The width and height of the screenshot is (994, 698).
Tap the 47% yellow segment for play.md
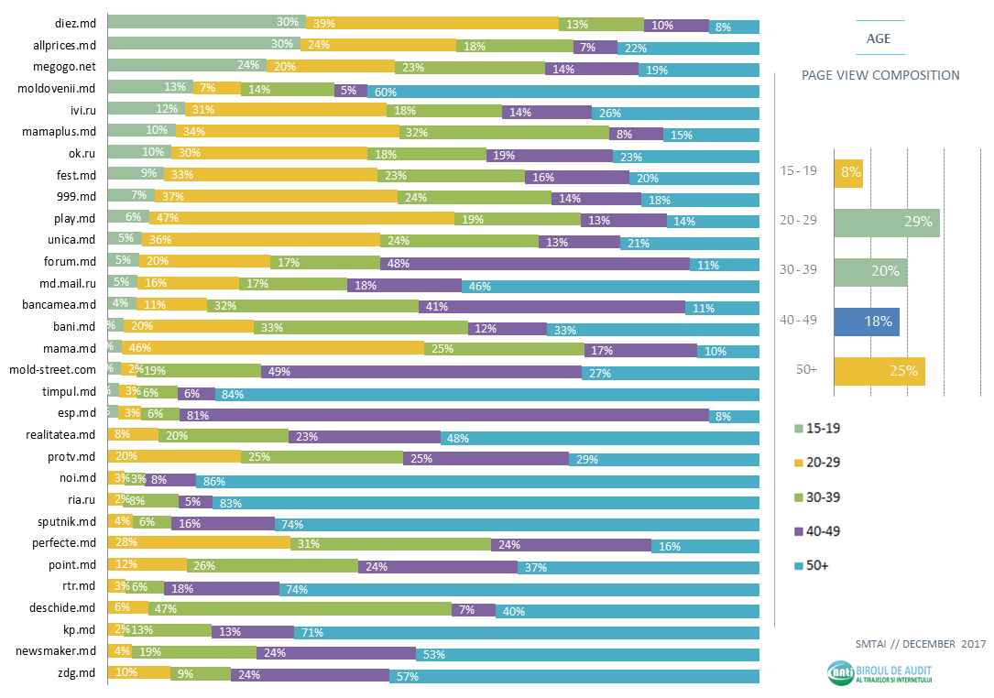click(x=282, y=217)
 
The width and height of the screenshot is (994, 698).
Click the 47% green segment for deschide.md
click(x=300, y=608)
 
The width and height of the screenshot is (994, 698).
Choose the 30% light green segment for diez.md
click(x=206, y=22)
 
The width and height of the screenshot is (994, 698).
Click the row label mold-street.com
click(x=52, y=369)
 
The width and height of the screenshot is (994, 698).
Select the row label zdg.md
click(x=76, y=675)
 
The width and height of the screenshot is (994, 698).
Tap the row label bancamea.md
click(x=62, y=303)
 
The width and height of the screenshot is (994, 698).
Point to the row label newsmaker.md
click(x=58, y=653)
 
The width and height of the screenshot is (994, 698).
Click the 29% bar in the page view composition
click(x=886, y=223)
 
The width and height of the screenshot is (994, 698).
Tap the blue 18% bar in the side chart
click(x=866, y=322)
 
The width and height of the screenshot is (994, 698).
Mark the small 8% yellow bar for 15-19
click(x=847, y=172)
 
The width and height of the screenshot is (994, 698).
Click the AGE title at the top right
click(x=879, y=38)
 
